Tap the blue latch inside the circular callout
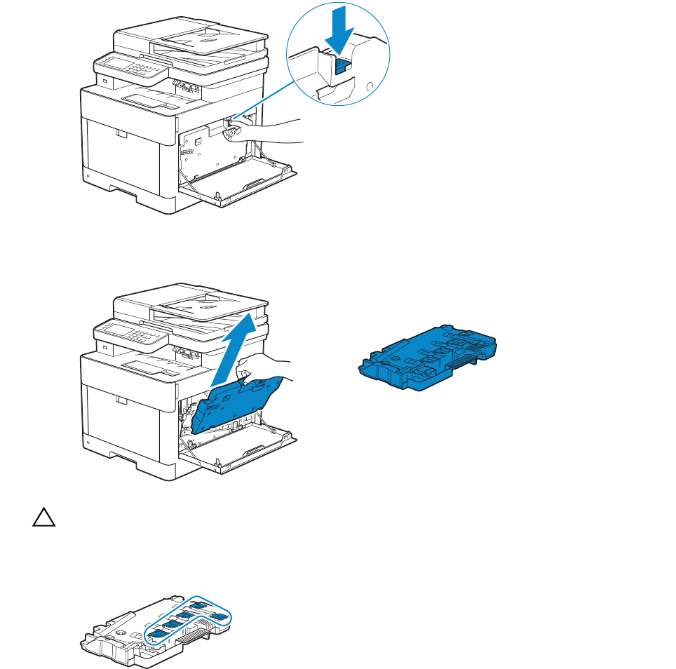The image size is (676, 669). (x=343, y=65)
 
